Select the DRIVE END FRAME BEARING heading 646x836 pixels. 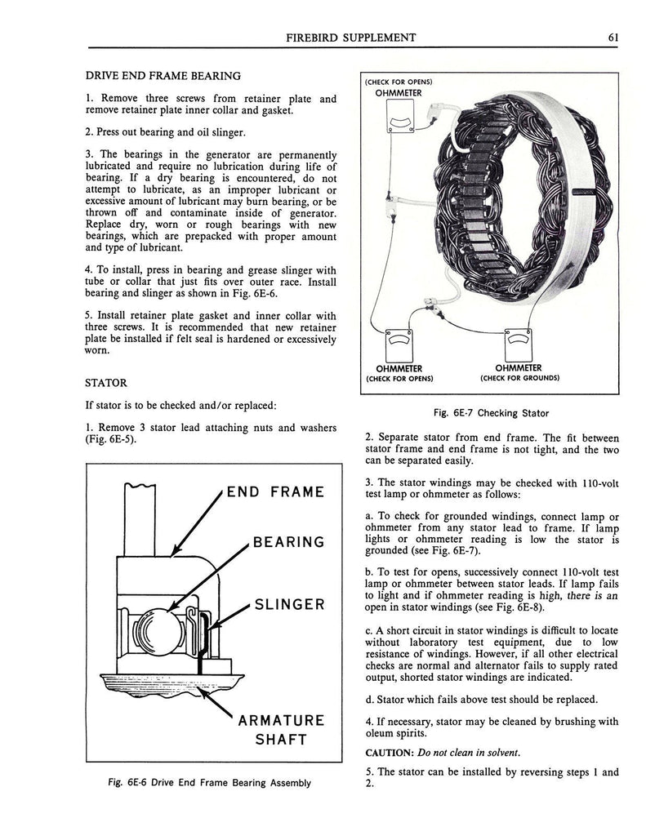(163, 76)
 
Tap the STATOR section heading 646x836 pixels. (106, 382)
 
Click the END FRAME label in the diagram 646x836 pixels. (275, 491)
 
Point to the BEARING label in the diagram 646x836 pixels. (288, 542)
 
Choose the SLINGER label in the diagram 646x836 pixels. (290, 605)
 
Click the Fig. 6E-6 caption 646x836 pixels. (210, 782)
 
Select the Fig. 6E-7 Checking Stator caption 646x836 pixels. (491, 412)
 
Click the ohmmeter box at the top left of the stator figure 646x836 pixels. (398, 122)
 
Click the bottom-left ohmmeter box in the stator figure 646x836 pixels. (399, 345)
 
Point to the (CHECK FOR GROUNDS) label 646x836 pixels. (519, 378)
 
